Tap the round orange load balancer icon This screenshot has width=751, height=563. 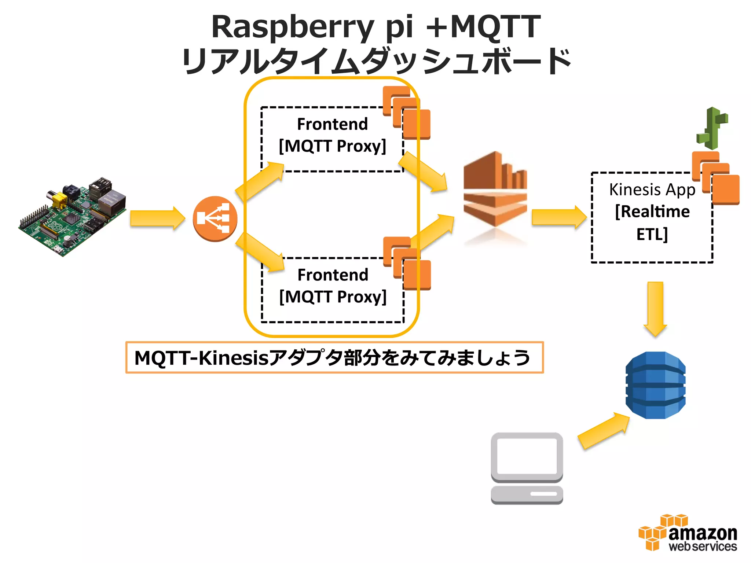tap(215, 219)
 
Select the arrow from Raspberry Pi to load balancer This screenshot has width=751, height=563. tap(157, 218)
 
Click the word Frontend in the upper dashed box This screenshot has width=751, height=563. tap(332, 124)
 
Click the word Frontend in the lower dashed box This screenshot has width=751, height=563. tap(333, 275)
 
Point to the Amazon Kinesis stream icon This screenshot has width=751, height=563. tap(495, 191)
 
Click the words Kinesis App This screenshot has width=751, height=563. tap(652, 190)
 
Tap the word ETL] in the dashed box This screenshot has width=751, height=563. tap(652, 235)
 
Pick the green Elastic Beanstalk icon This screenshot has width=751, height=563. tap(712, 128)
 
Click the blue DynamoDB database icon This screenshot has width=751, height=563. tap(655, 385)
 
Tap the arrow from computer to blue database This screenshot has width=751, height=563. tap(604, 431)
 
